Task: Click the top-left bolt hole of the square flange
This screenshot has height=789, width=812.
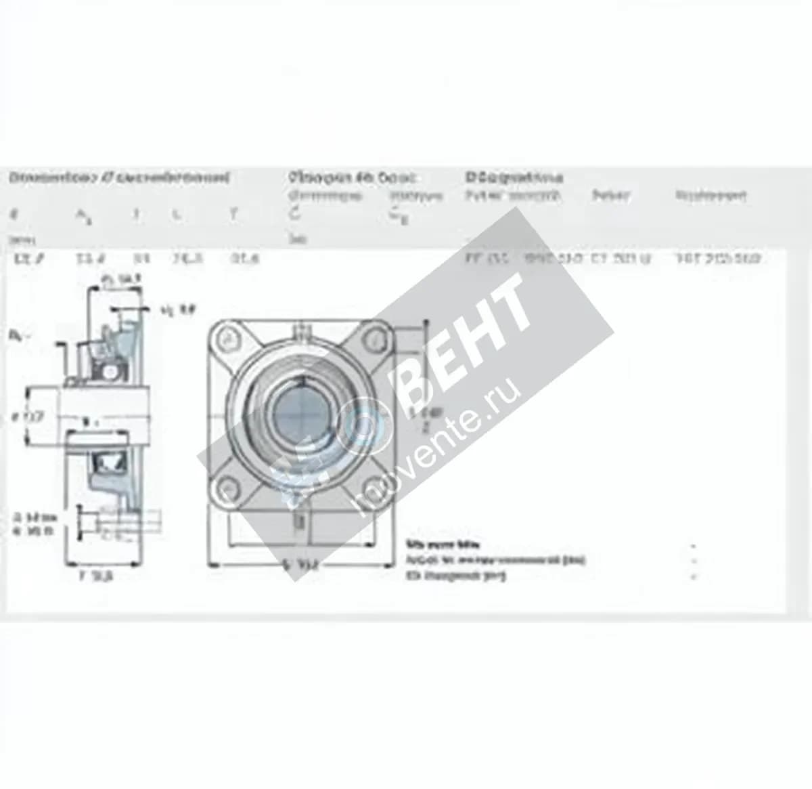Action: click(229, 338)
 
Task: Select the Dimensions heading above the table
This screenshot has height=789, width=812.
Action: click(119, 178)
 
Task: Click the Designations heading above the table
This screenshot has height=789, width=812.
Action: click(514, 177)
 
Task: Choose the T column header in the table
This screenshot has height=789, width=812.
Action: click(233, 214)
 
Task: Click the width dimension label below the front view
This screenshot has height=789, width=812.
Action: click(301, 565)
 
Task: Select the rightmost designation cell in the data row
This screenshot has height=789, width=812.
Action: click(718, 258)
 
